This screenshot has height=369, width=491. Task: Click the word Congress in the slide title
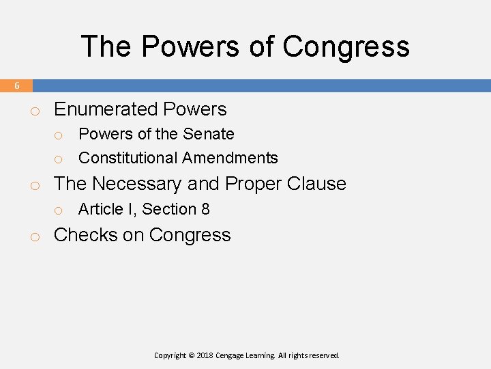click(346, 46)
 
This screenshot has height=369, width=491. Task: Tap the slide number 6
click(17, 86)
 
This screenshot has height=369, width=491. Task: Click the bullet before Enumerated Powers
click(33, 111)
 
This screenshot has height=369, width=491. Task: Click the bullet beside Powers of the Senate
click(59, 135)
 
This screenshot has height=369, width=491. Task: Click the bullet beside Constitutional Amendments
click(59, 159)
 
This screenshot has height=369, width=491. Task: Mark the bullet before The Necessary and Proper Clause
click(33, 185)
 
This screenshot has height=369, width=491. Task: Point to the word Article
click(100, 209)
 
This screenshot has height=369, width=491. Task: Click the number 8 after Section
click(205, 209)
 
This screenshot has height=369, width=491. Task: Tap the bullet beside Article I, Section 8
click(59, 210)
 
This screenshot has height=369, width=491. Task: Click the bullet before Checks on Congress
click(33, 236)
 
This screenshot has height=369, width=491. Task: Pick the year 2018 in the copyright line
click(206, 355)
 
